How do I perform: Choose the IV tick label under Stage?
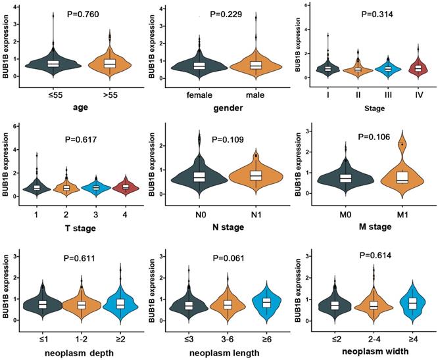pyautogui.click(x=416, y=89)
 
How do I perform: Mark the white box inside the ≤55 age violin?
pyautogui.click(x=54, y=63)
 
